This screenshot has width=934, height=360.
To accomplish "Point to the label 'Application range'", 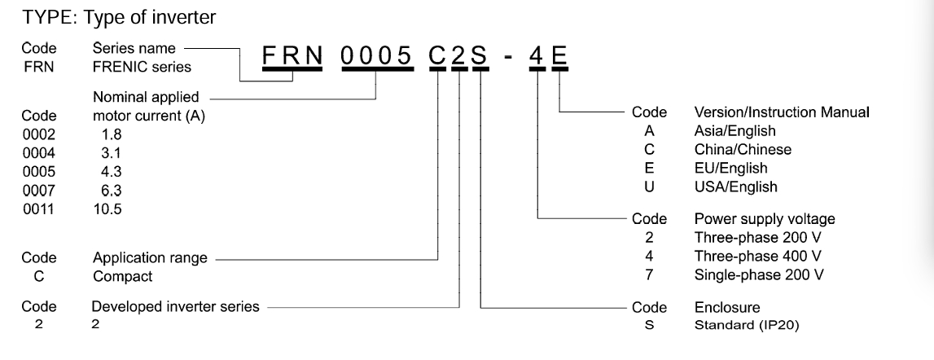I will (x=149, y=259).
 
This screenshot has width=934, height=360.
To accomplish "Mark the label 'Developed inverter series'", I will (x=175, y=307).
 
